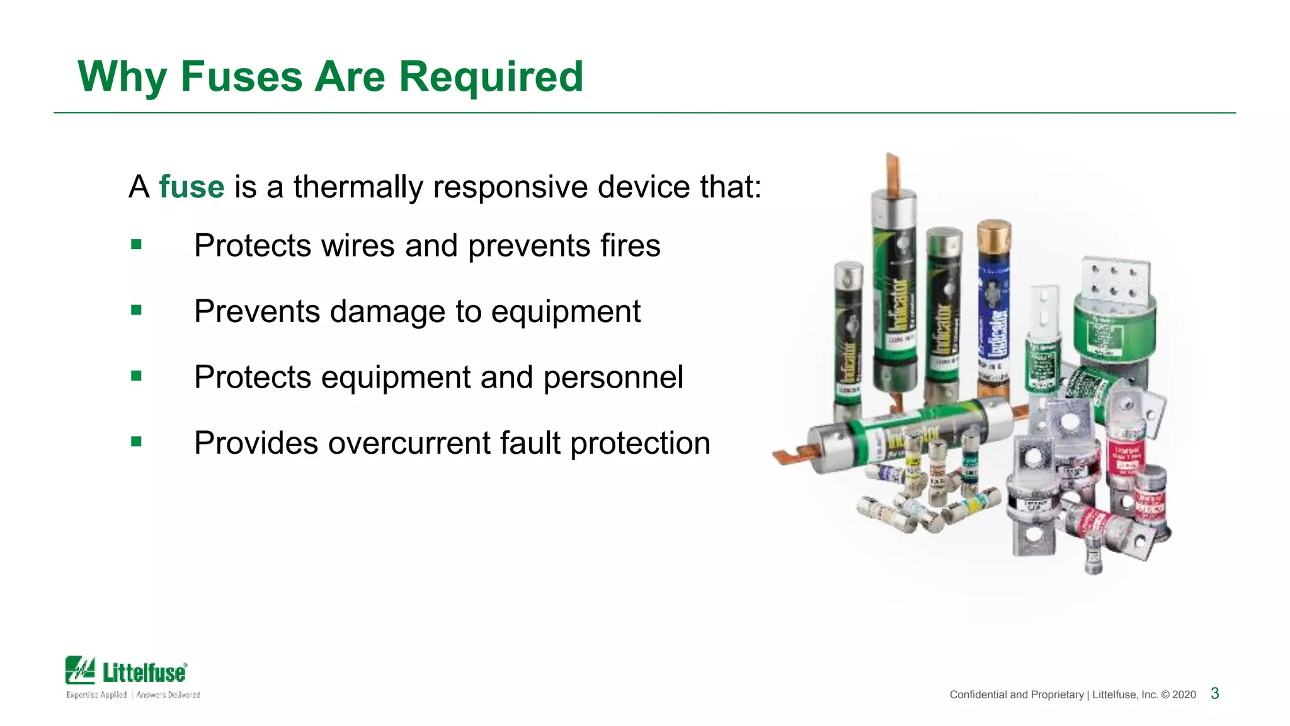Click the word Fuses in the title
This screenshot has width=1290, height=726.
[242, 77]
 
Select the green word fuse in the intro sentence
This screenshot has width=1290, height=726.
[191, 187]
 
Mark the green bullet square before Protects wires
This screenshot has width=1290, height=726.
[137, 244]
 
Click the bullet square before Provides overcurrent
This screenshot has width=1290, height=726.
[137, 442]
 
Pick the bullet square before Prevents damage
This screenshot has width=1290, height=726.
[137, 310]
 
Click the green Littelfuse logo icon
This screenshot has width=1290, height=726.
[80, 670]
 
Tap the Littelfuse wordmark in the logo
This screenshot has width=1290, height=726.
[145, 672]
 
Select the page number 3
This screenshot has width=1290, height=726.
[1214, 693]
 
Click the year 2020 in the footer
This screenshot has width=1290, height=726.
[1184, 694]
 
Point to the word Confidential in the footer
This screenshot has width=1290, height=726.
[978, 694]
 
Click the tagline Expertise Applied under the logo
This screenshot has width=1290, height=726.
[96, 694]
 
